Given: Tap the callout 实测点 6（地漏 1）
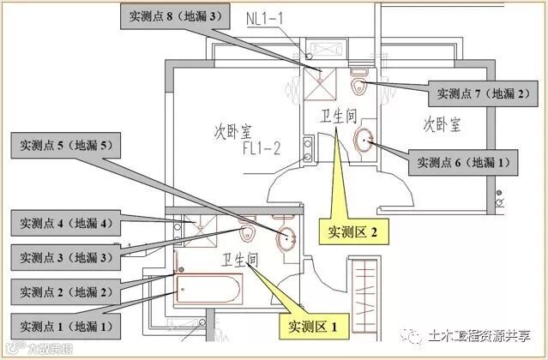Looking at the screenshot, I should point(461,160).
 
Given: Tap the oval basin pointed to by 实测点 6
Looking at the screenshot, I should point(364,140).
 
